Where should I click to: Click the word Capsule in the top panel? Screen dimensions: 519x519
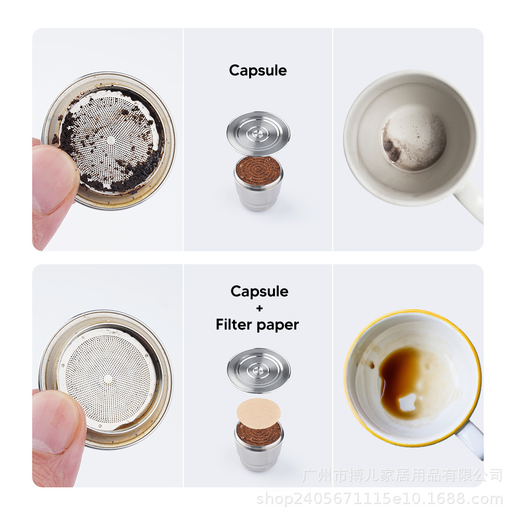pyautogui.click(x=258, y=71)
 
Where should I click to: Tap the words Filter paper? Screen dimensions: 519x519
pyautogui.click(x=257, y=325)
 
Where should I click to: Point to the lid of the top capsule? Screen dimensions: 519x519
pyautogui.click(x=258, y=132)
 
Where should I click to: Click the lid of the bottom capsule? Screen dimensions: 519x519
pyautogui.click(x=258, y=369)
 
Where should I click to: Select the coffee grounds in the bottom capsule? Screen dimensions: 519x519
pyautogui.click(x=258, y=434)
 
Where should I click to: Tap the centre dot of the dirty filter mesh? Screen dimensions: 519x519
pyautogui.click(x=111, y=140)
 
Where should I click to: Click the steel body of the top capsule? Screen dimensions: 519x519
pyautogui.click(x=258, y=195)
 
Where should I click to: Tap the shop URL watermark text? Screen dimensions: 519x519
pyautogui.click(x=379, y=500)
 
